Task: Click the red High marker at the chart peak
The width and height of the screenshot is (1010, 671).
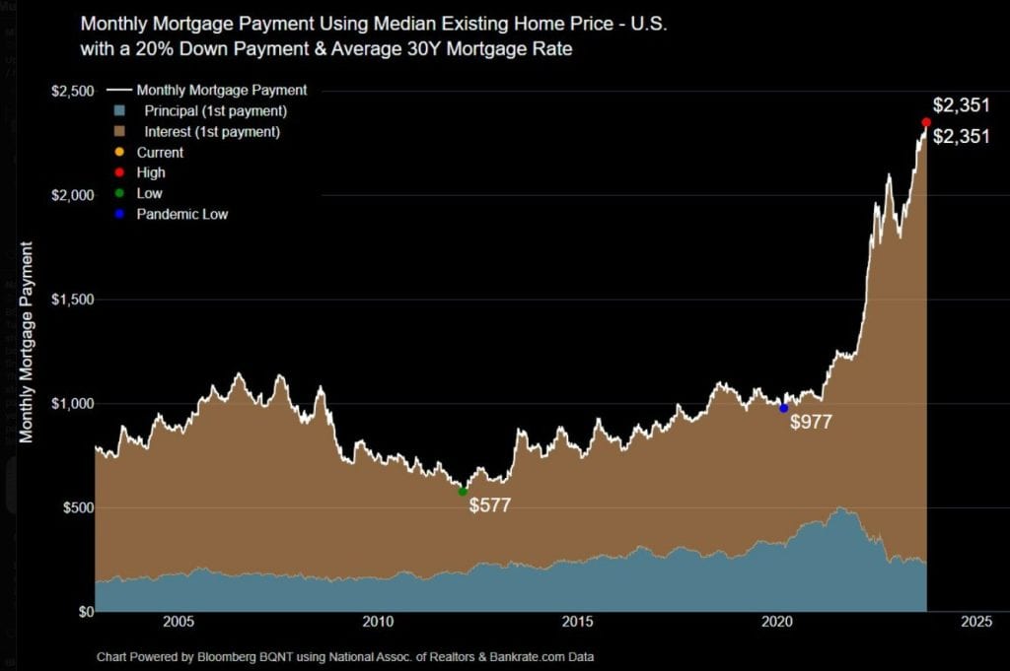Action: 925,122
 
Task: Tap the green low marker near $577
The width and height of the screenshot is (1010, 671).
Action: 463,491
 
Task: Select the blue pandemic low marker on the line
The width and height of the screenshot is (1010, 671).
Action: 783,408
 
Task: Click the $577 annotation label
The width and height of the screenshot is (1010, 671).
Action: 490,505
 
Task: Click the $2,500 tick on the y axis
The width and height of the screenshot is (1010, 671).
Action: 73,92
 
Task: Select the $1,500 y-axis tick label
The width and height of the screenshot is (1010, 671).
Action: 73,300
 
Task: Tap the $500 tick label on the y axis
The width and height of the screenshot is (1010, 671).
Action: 78,507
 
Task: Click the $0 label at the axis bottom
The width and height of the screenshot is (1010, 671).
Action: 84,611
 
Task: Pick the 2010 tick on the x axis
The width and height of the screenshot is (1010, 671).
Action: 378,622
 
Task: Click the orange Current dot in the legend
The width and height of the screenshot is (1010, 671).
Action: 118,153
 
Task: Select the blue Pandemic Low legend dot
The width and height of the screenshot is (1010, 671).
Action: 118,214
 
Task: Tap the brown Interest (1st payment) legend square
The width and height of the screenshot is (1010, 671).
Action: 118,132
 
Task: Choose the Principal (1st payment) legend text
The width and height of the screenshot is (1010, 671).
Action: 215,110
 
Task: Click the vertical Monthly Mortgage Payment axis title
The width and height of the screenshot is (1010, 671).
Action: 27,341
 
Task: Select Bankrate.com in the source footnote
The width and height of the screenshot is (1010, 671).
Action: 501,656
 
